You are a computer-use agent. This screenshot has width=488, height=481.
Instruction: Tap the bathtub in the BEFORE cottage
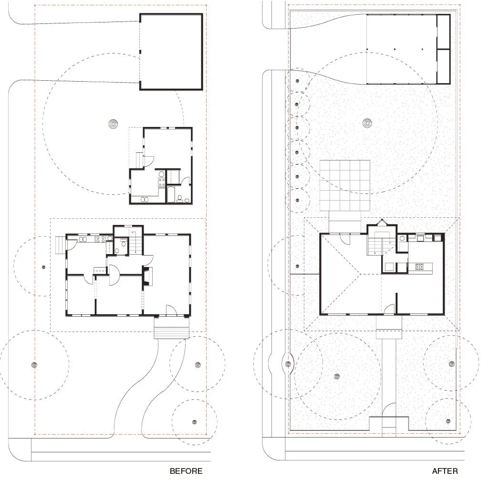(x=171, y=194)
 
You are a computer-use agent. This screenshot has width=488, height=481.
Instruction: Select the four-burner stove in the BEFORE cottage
(x=162, y=182)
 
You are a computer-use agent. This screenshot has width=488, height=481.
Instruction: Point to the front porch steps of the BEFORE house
(x=172, y=332)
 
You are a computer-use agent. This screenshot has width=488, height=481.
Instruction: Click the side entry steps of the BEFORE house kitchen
(x=61, y=246)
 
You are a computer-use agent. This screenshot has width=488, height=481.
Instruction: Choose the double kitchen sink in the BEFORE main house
(x=83, y=239)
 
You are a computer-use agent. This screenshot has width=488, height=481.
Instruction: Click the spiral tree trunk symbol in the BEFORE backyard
(x=114, y=124)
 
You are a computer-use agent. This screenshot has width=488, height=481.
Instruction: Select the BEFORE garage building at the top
(x=171, y=52)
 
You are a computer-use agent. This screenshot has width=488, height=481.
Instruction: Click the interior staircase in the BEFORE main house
(x=135, y=242)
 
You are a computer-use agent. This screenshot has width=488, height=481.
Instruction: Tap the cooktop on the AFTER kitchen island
(x=419, y=267)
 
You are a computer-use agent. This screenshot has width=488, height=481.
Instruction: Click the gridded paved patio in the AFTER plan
(x=345, y=185)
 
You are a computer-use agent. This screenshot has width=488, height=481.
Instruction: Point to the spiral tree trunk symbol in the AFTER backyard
(x=368, y=123)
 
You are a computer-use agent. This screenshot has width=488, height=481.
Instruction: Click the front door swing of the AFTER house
(x=389, y=309)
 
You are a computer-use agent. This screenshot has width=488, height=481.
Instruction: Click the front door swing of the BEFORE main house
(x=171, y=310)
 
